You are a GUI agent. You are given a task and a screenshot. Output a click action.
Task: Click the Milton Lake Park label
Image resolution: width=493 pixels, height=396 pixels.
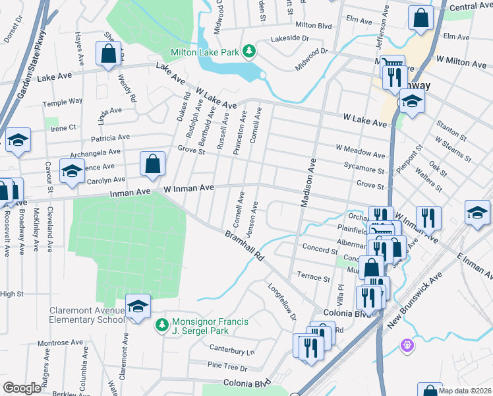(x=205, y=51)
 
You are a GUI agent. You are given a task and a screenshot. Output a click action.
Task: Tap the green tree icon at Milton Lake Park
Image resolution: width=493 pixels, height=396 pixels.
(x=249, y=51)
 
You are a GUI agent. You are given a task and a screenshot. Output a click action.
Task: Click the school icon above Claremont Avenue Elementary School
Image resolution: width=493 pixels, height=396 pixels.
(x=138, y=306)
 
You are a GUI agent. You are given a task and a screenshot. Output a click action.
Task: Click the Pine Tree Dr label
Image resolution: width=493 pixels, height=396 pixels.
(x=227, y=365)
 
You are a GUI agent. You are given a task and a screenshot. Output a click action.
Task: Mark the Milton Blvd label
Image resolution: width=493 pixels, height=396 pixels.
(x=313, y=24)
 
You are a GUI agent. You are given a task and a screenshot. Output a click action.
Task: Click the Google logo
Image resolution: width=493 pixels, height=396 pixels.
(x=22, y=388)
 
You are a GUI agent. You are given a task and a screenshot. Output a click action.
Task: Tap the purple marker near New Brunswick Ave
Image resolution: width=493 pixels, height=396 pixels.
(x=407, y=345)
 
